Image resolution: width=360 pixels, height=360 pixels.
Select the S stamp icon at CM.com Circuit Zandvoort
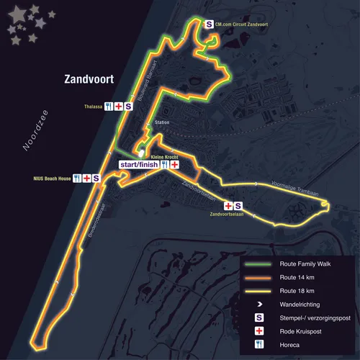tap(210, 24)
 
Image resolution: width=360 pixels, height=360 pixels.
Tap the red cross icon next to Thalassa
tap(118, 106)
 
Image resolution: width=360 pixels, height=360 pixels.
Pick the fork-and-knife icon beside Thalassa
tap(108, 106)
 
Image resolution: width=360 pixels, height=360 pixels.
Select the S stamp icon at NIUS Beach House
tap(96, 178)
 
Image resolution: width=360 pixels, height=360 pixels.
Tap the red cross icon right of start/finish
tap(174, 165)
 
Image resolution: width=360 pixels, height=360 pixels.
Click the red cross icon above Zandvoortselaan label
tap(228, 205)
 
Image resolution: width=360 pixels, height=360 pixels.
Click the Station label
tap(162, 123)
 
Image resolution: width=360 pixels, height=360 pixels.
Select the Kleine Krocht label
tap(164, 156)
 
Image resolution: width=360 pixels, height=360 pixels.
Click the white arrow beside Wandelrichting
tap(257, 305)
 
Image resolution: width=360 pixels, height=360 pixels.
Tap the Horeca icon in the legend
tap(257, 344)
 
